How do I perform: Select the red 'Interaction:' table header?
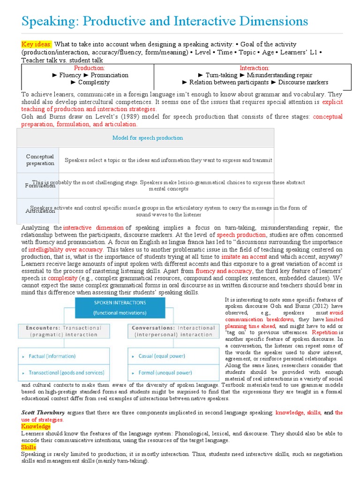click(x=255, y=68)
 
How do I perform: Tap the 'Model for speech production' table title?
click(x=147, y=138)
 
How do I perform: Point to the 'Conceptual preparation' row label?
click(x=40, y=160)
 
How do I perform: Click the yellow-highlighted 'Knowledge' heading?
click(x=36, y=427)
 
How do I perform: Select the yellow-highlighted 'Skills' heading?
click(x=29, y=447)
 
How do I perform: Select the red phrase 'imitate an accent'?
click(x=244, y=257)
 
